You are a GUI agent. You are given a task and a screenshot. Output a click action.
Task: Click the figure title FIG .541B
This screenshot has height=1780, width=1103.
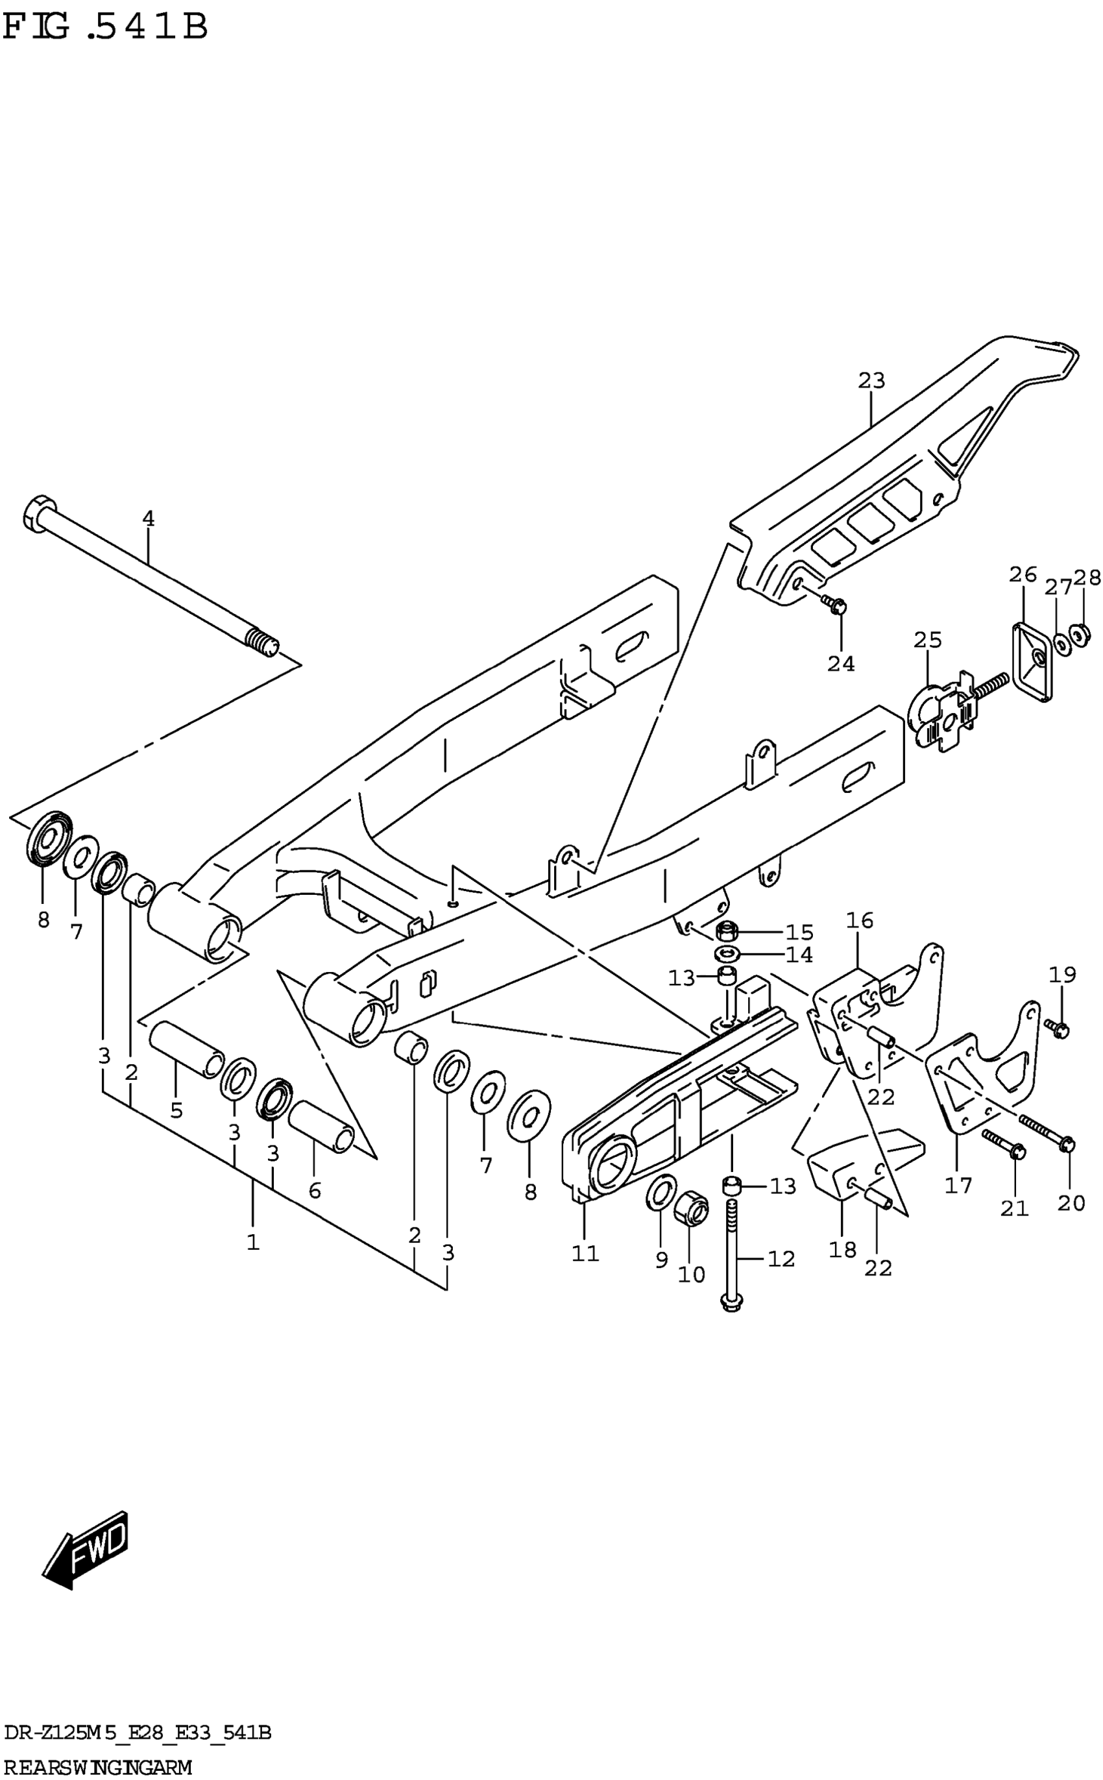(106, 27)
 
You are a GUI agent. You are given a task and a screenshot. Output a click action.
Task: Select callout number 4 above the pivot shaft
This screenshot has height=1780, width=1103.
(148, 518)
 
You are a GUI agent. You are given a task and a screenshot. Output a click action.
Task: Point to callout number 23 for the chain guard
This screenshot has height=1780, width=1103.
(871, 381)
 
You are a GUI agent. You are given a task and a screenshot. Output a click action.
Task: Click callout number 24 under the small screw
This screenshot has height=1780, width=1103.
(841, 664)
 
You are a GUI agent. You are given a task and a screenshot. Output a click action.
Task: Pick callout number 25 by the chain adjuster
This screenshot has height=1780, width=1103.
(928, 640)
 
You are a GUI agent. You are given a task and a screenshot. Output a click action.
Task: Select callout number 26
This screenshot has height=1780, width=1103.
(1023, 575)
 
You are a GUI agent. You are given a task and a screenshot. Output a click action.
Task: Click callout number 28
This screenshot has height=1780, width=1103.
(1087, 578)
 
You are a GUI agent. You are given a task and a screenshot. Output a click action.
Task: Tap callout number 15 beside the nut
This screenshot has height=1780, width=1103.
(799, 933)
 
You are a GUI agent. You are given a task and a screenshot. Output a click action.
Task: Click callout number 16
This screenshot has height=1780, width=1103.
(859, 921)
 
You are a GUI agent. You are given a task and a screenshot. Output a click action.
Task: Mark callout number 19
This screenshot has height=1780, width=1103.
(1063, 975)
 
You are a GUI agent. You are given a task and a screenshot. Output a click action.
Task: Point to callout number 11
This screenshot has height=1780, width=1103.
(585, 1253)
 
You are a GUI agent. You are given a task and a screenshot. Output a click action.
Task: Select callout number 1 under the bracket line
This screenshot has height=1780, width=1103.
(252, 1242)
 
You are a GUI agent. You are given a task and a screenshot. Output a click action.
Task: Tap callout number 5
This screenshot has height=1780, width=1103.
(176, 1110)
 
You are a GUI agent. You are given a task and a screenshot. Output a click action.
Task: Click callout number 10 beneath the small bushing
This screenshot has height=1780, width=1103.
(691, 1274)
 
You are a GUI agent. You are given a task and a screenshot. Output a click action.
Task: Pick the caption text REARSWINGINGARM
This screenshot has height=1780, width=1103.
(98, 1768)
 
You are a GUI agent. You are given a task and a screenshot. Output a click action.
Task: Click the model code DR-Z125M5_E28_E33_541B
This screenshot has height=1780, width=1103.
(137, 1733)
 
